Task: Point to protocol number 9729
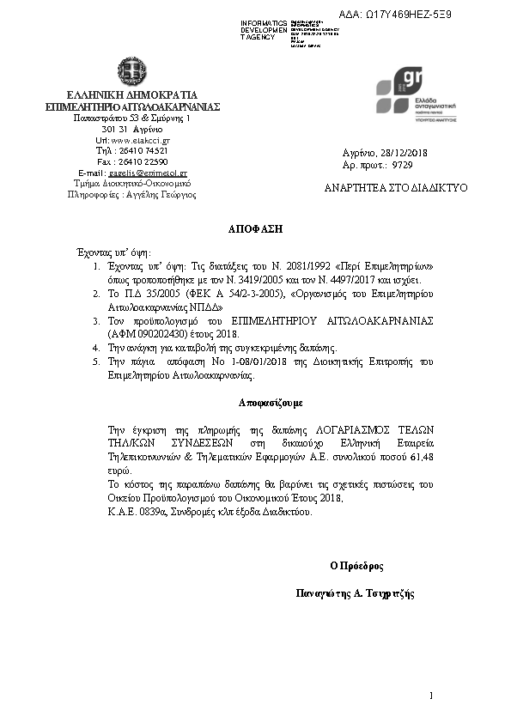pyautogui.click(x=402, y=164)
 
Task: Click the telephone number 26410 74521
pyautogui.click(x=144, y=150)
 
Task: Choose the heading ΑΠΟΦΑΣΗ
pyautogui.click(x=254, y=230)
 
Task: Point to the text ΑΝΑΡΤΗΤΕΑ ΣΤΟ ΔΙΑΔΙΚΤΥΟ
pyautogui.click(x=396, y=187)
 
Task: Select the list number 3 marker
pyautogui.click(x=97, y=320)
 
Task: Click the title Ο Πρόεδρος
pyautogui.click(x=356, y=567)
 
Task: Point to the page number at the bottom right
pyautogui.click(x=430, y=695)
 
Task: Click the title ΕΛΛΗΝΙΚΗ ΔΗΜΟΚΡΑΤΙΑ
pyautogui.click(x=132, y=94)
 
